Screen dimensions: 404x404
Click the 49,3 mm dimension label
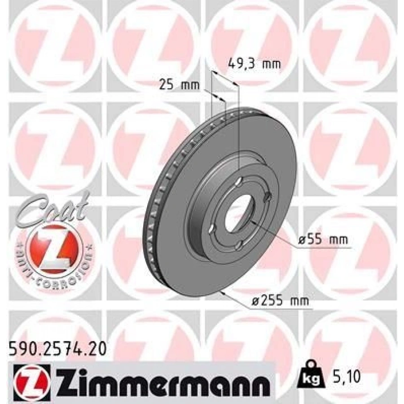pyautogui.click(x=255, y=64)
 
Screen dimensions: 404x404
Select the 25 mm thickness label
pyautogui.click(x=179, y=85)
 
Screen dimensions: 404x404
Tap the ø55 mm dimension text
pyautogui.click(x=323, y=240)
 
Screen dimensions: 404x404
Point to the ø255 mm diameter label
pyautogui.click(x=280, y=300)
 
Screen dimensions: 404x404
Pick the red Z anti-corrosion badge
pyautogui.click(x=55, y=248)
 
